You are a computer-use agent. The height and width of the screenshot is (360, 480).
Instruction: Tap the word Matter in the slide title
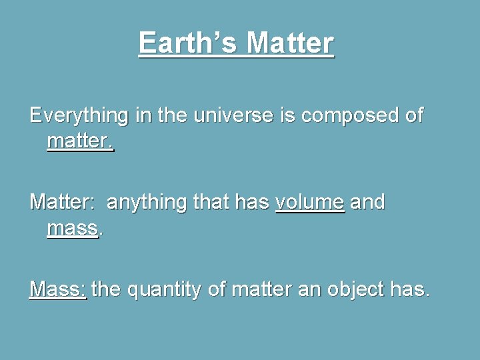pyautogui.click(x=290, y=44)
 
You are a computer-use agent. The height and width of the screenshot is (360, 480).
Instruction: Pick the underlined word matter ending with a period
pyautogui.click(x=81, y=142)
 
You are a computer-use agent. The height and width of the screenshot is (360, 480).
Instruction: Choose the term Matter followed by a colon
pyautogui.click(x=63, y=202)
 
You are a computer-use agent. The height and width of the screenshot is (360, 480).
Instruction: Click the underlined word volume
pyautogui.click(x=310, y=202)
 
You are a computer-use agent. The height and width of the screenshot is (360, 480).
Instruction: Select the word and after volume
pyautogui.click(x=367, y=202)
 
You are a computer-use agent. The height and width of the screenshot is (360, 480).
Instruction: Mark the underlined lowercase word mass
pyautogui.click(x=73, y=229)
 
